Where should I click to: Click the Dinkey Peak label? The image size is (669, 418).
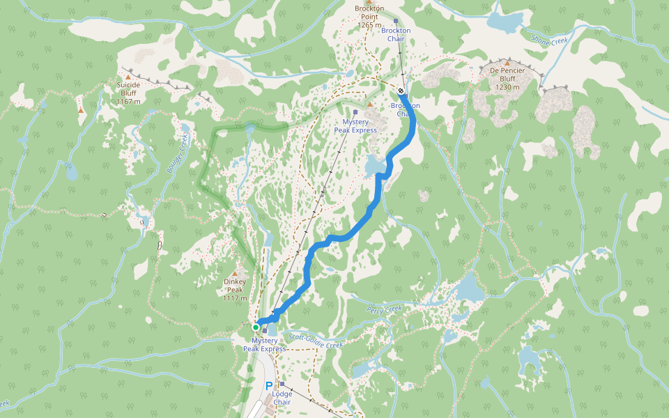(235, 286)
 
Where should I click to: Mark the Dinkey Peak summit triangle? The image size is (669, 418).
(235, 273)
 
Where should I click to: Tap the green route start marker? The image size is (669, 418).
(256, 327)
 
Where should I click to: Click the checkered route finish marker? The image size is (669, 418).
(401, 91)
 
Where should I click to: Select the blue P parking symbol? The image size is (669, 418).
(268, 385)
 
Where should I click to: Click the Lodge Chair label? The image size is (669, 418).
(282, 398)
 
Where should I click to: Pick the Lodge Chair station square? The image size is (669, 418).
(282, 384)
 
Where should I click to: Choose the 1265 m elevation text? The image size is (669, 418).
(369, 25)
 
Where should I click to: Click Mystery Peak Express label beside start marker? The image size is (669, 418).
(264, 344)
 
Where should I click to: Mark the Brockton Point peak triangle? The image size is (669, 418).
(369, 1)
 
